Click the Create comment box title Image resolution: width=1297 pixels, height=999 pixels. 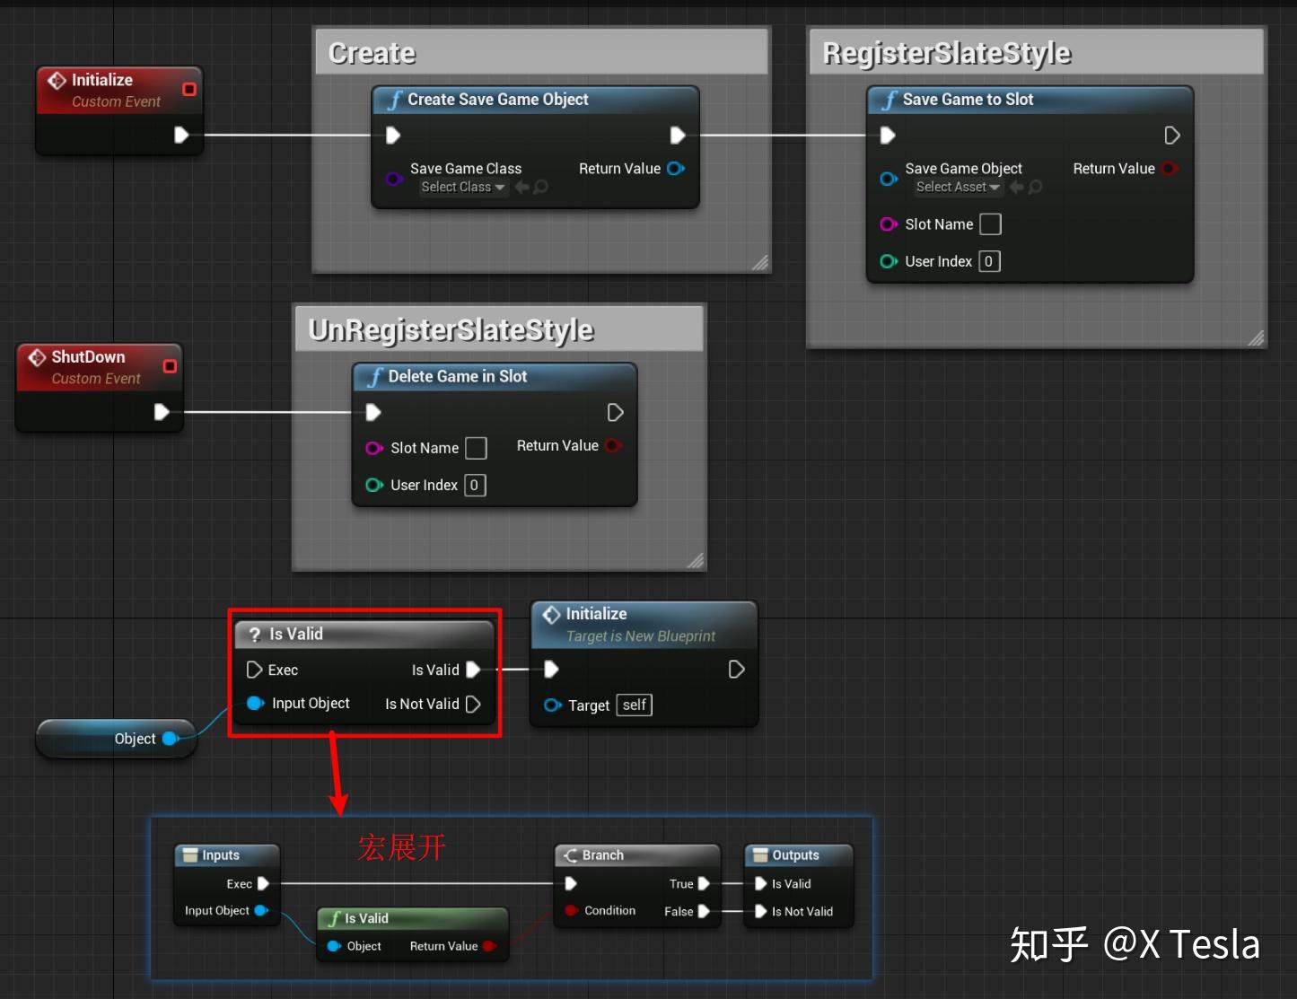(372, 54)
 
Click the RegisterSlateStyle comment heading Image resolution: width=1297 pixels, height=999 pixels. (947, 54)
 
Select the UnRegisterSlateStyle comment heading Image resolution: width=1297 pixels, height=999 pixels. (451, 330)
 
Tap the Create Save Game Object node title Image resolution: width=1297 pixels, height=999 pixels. (497, 100)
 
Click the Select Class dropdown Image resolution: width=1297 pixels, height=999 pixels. (463, 187)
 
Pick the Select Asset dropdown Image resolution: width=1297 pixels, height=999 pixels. (958, 187)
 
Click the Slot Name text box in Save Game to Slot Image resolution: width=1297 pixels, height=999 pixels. (990, 224)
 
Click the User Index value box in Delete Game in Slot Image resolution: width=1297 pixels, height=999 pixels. (475, 486)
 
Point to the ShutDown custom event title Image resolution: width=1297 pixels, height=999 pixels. (88, 357)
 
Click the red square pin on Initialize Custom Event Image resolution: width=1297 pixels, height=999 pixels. (189, 89)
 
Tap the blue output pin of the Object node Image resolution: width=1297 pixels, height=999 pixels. (170, 739)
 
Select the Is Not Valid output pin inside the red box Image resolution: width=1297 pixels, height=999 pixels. (473, 705)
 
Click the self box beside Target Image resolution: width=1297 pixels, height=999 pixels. (634, 705)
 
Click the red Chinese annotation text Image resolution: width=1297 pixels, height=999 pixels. (401, 847)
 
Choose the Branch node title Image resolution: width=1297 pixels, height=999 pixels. (602, 855)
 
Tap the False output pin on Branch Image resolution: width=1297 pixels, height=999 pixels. (704, 911)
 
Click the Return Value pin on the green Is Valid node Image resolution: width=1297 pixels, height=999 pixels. (488, 946)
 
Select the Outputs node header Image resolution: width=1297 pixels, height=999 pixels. (795, 855)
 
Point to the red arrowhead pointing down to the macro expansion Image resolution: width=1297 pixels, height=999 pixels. (338, 803)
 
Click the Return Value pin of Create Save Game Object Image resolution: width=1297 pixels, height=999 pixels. (676, 169)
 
